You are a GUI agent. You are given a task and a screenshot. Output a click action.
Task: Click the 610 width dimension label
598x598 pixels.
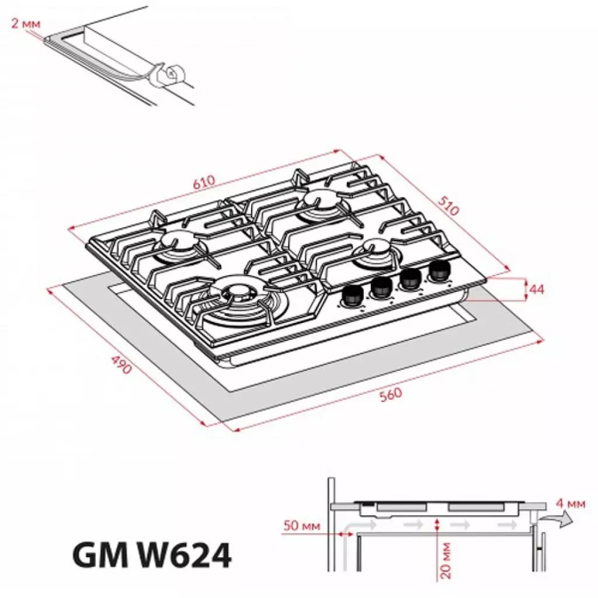point(205,182)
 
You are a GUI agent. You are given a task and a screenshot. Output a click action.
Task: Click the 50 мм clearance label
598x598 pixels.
point(301,526)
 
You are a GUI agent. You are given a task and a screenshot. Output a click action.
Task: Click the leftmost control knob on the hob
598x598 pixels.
point(352,297)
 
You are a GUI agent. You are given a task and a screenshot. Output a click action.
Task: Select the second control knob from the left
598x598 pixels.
point(381,287)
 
